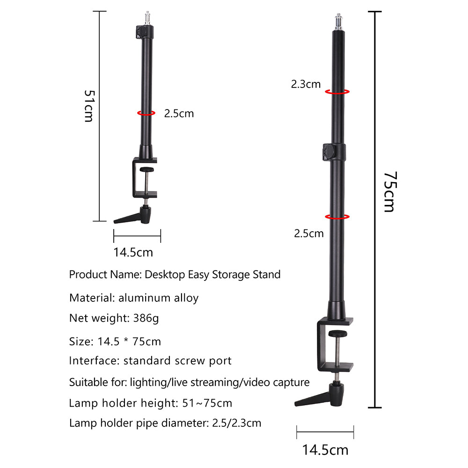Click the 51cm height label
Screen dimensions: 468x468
tap(88, 106)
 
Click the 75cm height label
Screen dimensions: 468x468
tap(389, 192)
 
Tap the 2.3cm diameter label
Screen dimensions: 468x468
tap(306, 84)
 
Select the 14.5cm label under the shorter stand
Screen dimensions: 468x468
tap(133, 252)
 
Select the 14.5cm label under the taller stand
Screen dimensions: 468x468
tap(325, 450)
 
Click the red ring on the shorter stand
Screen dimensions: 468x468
tap(146, 113)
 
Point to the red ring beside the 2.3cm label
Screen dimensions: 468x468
tap(337, 92)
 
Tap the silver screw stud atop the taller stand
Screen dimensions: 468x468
tap(337, 21)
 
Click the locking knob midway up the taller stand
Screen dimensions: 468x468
tap(328, 152)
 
